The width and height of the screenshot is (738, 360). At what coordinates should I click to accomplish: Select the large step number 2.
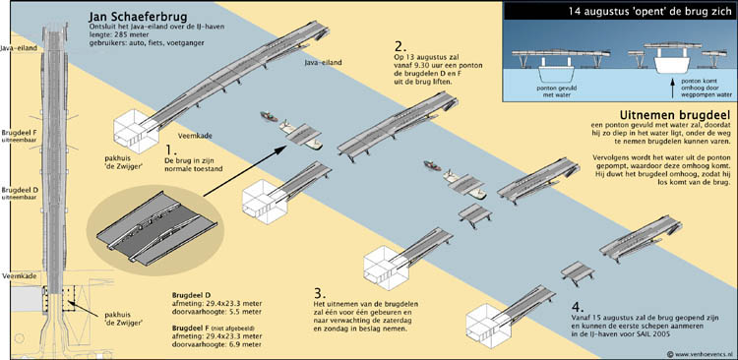[400, 45]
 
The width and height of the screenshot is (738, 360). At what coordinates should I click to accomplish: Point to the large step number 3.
[320, 294]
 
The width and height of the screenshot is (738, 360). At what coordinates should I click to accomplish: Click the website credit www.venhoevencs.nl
[703, 352]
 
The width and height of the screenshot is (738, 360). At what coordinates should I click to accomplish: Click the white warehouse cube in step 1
[135, 130]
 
